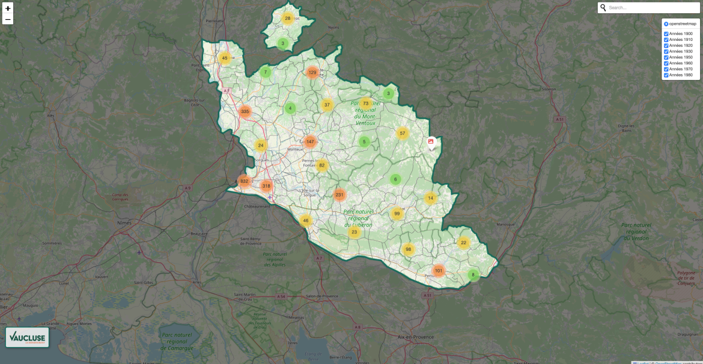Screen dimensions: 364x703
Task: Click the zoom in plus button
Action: point(8,8)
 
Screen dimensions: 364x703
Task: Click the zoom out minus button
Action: point(8,19)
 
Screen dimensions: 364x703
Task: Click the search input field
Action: point(652,8)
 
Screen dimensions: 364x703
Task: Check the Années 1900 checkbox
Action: point(666,34)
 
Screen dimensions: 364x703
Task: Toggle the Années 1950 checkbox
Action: point(666,57)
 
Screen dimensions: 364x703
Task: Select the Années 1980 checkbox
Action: point(666,75)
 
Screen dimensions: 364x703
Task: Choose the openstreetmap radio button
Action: point(666,24)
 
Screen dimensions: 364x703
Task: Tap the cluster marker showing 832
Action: point(244,181)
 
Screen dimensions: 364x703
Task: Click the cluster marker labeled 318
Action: point(266,186)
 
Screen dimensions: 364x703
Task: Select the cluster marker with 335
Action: point(245,111)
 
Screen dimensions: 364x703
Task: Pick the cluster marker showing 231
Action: point(339,195)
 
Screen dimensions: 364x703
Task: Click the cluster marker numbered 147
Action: point(310,142)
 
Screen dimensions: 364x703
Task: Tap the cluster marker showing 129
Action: point(312,72)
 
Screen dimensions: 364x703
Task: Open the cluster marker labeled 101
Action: point(439,271)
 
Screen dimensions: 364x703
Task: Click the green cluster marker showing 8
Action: point(473,275)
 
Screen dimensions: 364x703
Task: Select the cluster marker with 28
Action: point(288,19)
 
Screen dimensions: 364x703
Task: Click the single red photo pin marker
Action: point(431,143)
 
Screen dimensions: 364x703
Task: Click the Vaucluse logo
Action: point(27,338)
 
